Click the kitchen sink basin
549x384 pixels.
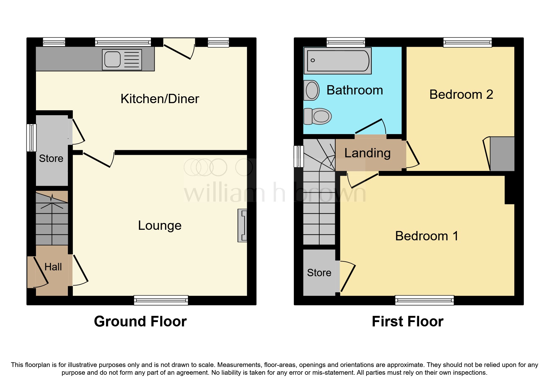tap(113, 59)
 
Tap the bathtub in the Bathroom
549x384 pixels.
tap(338, 61)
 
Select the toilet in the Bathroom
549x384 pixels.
tap(318, 116)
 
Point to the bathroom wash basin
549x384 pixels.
tap(312, 90)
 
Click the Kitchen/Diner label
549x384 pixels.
tap(160, 99)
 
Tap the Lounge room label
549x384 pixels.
tap(160, 225)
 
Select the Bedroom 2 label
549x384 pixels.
tap(461, 94)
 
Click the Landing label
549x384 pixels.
tap(367, 153)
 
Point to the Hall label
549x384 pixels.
tap(53, 267)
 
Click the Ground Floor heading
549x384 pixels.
tap(140, 321)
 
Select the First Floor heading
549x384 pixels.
tap(407, 321)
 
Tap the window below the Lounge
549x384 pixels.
tap(161, 300)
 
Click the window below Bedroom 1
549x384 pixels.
tap(424, 300)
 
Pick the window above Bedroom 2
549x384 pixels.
tap(467, 42)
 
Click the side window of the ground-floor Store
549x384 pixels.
tap(31, 137)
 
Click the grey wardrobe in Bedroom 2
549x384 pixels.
tap(502, 154)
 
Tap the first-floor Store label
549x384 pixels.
tap(319, 273)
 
